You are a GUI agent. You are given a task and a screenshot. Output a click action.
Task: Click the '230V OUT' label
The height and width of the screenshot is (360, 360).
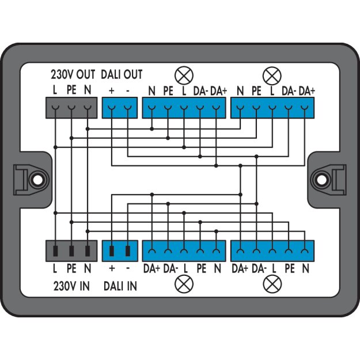click(x=73, y=75)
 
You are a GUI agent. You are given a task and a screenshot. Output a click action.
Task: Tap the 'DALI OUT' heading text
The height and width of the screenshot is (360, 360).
click(x=122, y=75)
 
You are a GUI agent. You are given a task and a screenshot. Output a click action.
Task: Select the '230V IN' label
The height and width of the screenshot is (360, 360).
click(x=71, y=286)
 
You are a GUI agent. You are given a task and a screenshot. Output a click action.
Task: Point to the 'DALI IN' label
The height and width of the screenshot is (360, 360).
click(x=120, y=286)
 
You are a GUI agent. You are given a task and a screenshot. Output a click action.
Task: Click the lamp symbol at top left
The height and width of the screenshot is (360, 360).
click(x=184, y=75)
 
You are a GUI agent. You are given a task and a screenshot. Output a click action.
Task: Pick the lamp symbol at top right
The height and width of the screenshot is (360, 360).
click(x=272, y=76)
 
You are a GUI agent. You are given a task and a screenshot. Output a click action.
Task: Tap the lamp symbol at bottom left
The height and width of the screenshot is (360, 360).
click(x=184, y=284)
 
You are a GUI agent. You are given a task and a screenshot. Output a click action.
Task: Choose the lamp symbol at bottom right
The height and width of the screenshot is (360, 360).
click(x=272, y=284)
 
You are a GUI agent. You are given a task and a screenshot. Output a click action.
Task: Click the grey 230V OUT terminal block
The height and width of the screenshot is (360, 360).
click(x=71, y=108)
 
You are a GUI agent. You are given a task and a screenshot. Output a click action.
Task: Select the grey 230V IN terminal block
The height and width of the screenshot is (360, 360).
click(x=71, y=251)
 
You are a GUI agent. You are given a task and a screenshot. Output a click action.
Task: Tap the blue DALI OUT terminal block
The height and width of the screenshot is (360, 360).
click(x=120, y=108)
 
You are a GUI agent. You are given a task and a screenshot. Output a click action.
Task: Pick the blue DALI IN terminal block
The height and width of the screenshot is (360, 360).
click(x=120, y=251)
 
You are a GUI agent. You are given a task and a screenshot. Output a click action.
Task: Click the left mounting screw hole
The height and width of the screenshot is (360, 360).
click(x=38, y=180)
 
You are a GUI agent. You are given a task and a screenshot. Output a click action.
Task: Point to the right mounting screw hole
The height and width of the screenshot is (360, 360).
click(x=322, y=180)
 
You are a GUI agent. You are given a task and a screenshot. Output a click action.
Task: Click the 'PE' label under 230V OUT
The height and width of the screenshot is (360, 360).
click(x=71, y=90)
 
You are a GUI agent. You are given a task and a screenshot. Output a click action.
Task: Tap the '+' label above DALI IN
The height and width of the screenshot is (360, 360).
click(x=112, y=268)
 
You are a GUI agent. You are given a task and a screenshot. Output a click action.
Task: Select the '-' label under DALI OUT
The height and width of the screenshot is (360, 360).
click(x=128, y=91)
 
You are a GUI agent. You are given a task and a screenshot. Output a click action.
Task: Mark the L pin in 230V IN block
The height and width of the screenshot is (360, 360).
click(x=55, y=251)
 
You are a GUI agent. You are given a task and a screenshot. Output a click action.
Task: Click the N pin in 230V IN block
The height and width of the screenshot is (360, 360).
click(x=88, y=251)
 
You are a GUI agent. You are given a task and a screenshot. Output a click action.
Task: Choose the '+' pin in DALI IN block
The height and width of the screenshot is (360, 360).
click(x=112, y=251)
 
